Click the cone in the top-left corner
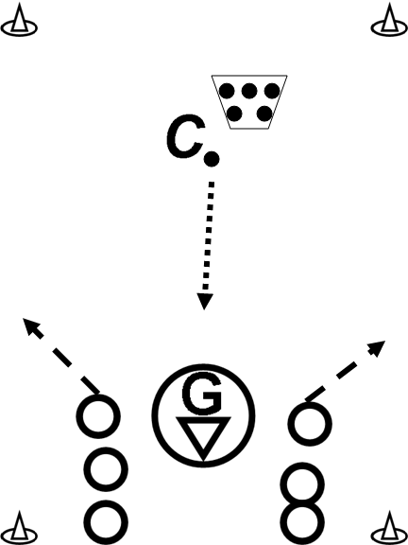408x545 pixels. click(x=19, y=22)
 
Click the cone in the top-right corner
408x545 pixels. click(x=389, y=22)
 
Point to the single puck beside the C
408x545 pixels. click(x=212, y=159)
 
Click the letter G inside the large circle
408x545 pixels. click(x=201, y=393)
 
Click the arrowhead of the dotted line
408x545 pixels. click(x=205, y=301)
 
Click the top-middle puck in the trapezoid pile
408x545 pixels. click(x=249, y=91)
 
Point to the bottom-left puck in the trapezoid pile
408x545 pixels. click(x=234, y=114)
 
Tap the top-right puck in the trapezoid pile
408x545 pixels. click(x=272, y=91)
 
